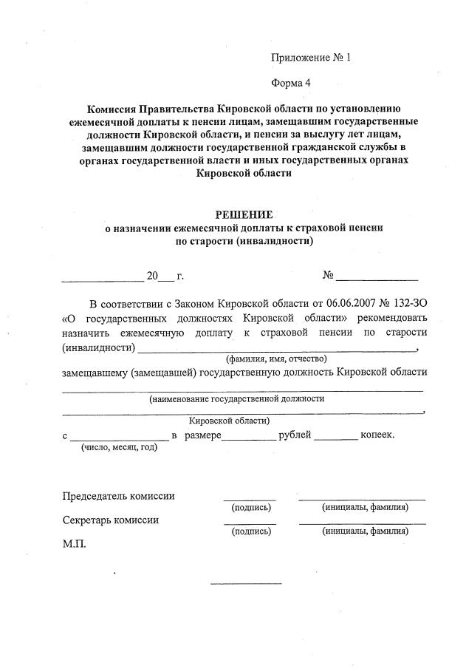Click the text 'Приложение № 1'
click(x=310, y=57)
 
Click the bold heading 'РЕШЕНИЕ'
click(x=244, y=214)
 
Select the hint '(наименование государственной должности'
click(x=237, y=398)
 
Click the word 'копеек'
click(x=377, y=435)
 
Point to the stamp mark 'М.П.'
click(x=75, y=543)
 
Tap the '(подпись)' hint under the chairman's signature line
click(x=251, y=508)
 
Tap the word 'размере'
click(x=203, y=435)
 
